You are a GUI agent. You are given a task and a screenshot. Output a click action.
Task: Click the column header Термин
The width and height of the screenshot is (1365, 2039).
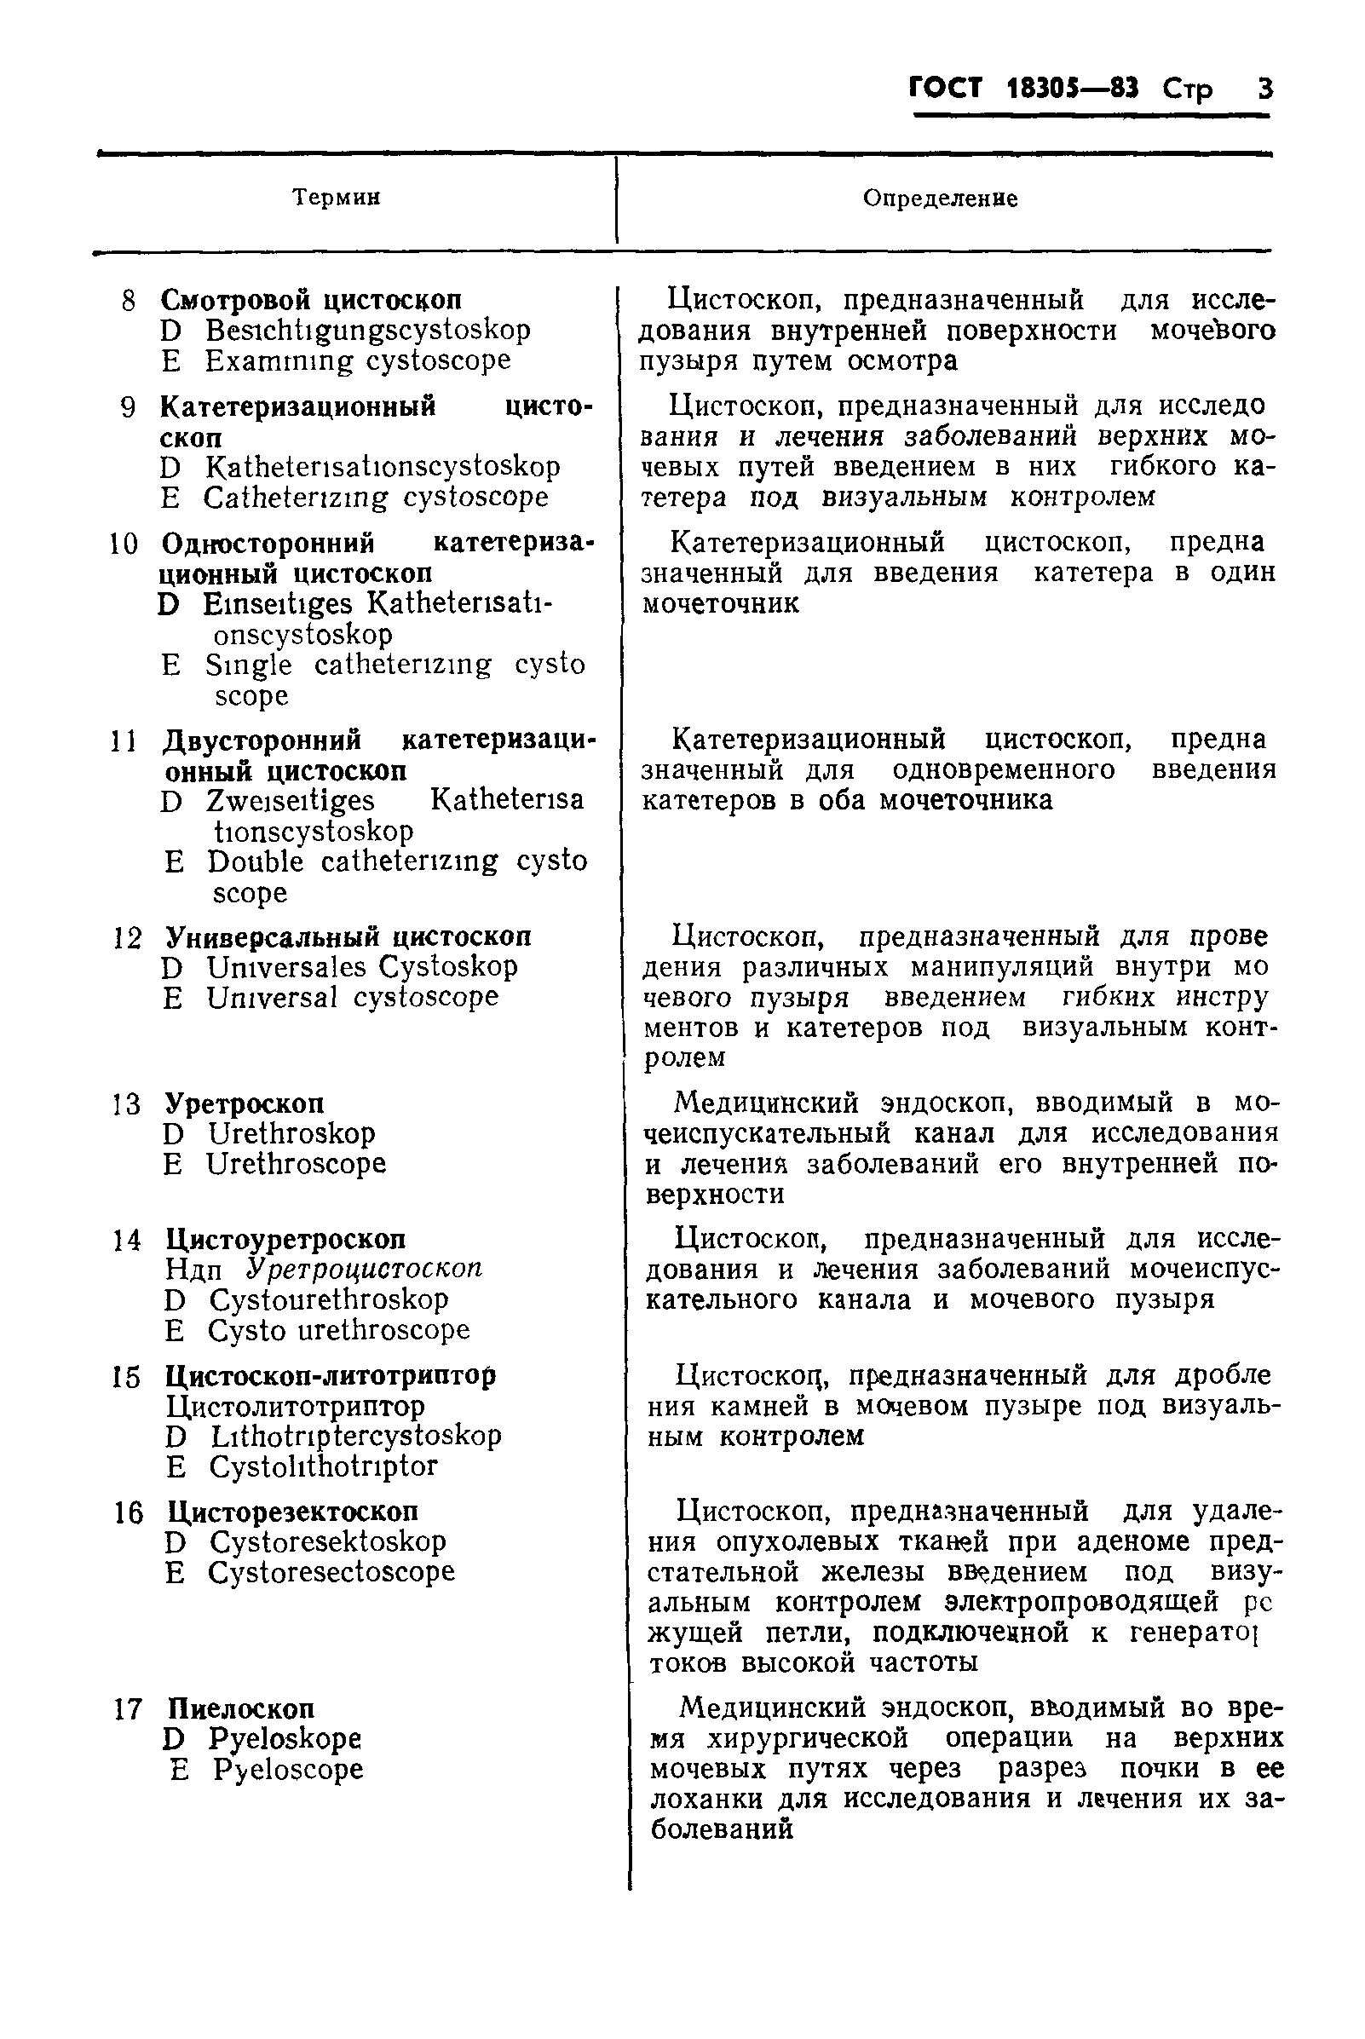click(336, 198)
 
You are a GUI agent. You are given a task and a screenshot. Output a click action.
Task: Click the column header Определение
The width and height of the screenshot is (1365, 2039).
click(940, 199)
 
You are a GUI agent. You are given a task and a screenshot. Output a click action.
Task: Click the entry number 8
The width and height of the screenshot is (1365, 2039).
click(128, 302)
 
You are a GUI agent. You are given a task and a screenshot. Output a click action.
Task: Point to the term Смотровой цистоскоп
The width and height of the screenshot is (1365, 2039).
click(311, 301)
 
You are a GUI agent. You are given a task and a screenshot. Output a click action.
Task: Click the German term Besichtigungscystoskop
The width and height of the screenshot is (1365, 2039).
click(367, 331)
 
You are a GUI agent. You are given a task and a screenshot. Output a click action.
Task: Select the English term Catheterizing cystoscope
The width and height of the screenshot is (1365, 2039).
click(375, 497)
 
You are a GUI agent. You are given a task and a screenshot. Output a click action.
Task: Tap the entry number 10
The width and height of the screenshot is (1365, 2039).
click(123, 545)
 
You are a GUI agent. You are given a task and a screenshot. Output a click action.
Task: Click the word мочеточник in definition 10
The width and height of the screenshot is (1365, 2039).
click(720, 603)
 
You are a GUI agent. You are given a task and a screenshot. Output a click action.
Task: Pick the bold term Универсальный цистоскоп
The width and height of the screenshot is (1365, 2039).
click(348, 936)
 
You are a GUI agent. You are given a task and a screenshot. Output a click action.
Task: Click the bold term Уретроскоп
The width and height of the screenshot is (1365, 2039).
click(245, 1104)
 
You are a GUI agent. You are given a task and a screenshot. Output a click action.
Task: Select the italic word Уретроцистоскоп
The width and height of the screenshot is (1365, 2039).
click(364, 1269)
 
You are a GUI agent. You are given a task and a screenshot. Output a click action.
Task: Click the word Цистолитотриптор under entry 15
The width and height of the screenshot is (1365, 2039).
click(295, 1406)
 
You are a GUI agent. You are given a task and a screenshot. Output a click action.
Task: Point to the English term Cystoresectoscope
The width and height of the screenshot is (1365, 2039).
click(331, 1571)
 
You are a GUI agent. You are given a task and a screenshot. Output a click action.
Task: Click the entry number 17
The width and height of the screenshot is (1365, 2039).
click(127, 1709)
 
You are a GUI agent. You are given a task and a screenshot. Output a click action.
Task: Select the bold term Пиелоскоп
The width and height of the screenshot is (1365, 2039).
click(241, 1708)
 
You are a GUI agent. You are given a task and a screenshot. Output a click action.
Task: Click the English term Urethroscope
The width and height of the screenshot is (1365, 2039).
click(296, 1164)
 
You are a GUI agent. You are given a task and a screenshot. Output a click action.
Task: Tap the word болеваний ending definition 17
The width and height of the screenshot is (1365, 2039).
click(722, 1829)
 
